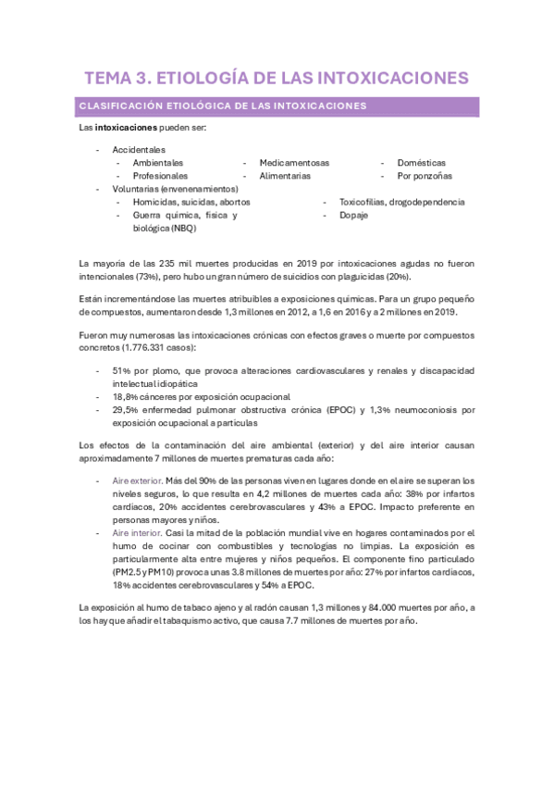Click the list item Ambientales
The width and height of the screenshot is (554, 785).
click(x=157, y=162)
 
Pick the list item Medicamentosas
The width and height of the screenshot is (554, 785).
click(x=294, y=162)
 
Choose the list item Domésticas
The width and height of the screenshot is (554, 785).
click(x=421, y=162)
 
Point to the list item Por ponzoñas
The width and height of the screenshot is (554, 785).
click(x=425, y=175)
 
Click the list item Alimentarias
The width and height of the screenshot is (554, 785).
click(x=285, y=175)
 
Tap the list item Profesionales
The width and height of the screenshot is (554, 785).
click(x=160, y=175)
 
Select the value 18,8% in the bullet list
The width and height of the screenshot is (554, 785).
click(x=127, y=396)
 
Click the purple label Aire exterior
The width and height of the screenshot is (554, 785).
click(x=136, y=480)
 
